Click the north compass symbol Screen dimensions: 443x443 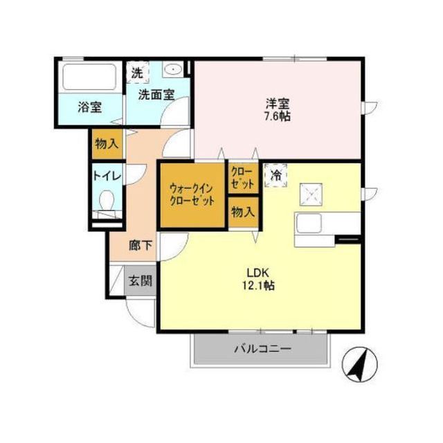[x=359, y=365]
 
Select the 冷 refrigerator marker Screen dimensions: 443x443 [x=275, y=175]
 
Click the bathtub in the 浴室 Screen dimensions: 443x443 [x=89, y=77]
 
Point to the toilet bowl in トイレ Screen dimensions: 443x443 [x=107, y=200]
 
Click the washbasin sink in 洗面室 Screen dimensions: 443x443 [x=173, y=69]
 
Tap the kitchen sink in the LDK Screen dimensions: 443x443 [x=309, y=223]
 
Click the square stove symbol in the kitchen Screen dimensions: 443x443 [x=311, y=195]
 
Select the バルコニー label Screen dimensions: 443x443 [x=262, y=349]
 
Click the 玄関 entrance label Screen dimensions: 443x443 [x=140, y=280]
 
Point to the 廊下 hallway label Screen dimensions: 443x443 [x=141, y=245]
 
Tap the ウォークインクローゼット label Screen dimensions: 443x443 [x=192, y=195]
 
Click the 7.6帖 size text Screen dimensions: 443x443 [x=277, y=116]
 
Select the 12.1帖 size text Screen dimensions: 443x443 [x=258, y=285]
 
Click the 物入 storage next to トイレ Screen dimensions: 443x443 [x=107, y=144]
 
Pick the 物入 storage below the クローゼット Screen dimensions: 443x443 [x=243, y=212]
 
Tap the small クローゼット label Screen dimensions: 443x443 [x=242, y=178]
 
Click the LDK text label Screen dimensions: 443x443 [x=257, y=273]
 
